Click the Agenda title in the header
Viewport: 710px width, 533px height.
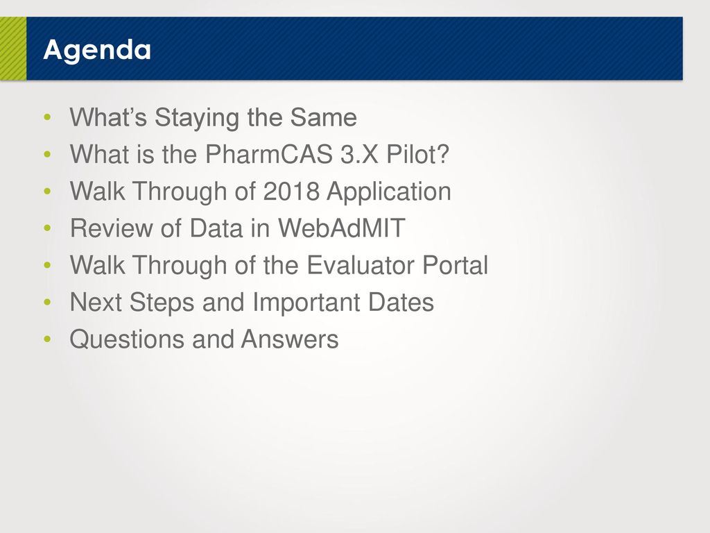(97, 50)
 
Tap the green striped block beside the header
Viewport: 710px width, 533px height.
(13, 49)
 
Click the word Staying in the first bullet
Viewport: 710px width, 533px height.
(197, 118)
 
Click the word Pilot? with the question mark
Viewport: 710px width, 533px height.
(417, 154)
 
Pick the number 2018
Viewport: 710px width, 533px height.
(291, 191)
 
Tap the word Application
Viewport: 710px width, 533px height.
(389, 192)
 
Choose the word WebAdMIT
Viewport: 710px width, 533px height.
(341, 228)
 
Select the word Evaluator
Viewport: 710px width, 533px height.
(361, 264)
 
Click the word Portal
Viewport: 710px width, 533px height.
(455, 264)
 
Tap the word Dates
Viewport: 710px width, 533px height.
(401, 302)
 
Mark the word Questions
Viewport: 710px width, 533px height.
(127, 339)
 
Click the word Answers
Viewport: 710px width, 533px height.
(290, 339)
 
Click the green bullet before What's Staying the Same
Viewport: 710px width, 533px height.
(47, 117)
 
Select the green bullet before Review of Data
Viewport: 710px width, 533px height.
(47, 228)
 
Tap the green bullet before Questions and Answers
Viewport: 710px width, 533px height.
(47, 339)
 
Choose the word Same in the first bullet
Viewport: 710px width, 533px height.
(324, 117)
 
